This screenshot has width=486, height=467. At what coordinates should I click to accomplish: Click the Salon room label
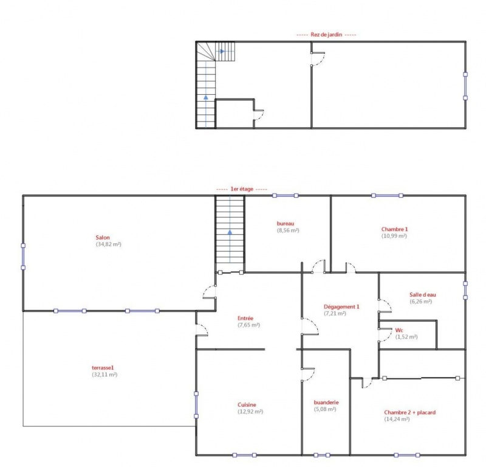(103, 238)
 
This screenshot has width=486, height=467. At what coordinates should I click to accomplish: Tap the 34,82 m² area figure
(109, 244)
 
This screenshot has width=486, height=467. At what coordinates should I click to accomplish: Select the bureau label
(286, 223)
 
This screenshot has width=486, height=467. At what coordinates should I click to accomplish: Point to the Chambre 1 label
(394, 229)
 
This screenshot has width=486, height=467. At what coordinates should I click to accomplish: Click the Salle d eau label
(423, 295)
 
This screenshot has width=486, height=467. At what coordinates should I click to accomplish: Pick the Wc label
(399, 330)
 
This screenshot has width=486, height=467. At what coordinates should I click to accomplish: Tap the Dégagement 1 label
(341, 307)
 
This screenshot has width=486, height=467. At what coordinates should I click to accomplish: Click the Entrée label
(245, 319)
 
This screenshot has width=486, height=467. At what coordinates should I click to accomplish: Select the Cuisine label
(247, 405)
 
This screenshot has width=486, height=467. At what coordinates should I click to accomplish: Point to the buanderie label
(326, 403)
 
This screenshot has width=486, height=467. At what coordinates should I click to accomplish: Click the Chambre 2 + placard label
(409, 412)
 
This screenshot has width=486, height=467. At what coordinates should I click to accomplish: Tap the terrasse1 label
(103, 368)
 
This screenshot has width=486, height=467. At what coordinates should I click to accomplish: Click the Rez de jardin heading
(326, 35)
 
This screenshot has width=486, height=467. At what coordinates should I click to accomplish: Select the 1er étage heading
(242, 189)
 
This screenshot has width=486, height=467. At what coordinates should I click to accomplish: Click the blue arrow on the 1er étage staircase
(230, 232)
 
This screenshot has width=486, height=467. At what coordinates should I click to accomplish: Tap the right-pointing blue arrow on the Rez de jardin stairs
(222, 51)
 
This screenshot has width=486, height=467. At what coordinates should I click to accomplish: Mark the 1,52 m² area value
(406, 337)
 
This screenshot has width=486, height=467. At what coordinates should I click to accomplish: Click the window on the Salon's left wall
(23, 257)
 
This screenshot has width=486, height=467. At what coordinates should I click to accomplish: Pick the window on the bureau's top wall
(285, 195)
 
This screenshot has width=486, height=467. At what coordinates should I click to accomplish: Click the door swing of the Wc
(388, 335)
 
